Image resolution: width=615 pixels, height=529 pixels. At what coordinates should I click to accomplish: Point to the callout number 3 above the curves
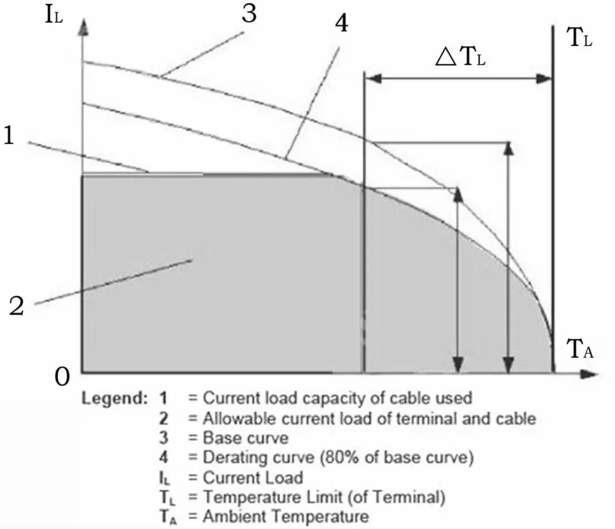249,14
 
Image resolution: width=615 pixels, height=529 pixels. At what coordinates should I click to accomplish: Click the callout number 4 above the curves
342,24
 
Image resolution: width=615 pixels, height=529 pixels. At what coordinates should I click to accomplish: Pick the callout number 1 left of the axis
9,137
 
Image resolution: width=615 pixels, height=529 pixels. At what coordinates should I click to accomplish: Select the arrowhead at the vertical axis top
83,27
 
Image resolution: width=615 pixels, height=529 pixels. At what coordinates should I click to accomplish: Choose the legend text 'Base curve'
246,439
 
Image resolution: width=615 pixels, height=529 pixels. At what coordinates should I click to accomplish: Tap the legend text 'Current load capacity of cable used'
337,397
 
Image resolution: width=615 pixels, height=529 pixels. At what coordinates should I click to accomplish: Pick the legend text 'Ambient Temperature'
286,516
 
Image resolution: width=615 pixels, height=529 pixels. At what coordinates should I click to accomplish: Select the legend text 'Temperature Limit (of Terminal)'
323,497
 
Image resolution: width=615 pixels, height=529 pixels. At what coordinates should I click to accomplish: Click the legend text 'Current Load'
253,478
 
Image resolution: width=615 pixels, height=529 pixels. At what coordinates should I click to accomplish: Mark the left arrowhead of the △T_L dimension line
370,79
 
